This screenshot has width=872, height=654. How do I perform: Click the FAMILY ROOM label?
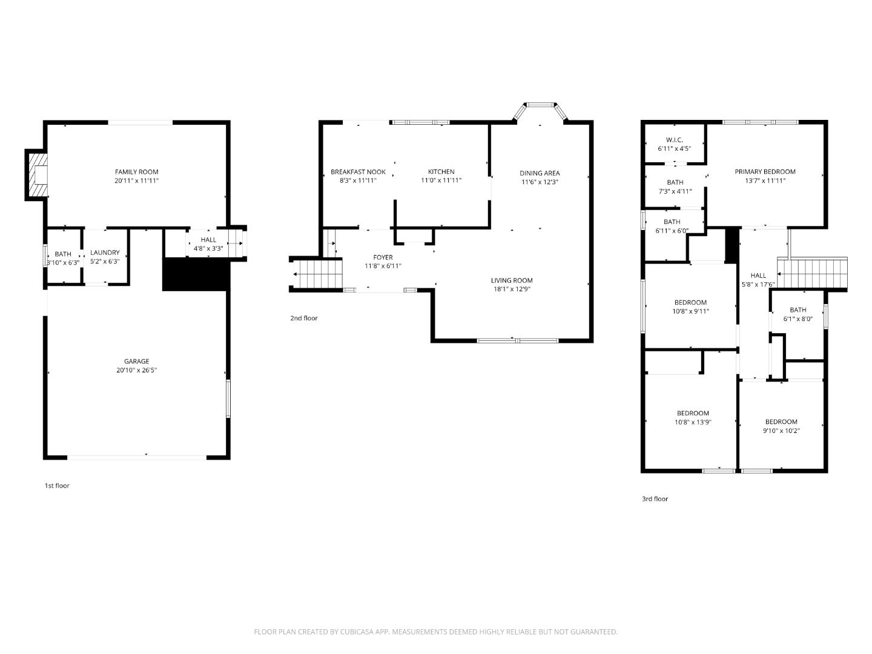136,172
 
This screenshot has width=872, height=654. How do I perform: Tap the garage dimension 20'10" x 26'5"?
136,370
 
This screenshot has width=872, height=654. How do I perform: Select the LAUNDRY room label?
105,253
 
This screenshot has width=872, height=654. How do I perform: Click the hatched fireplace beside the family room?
38,175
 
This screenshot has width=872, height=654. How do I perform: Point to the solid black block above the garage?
195,274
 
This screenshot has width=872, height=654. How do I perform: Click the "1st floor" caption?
57,486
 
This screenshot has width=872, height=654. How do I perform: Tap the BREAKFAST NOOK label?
358,172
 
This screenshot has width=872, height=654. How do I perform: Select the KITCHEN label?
441,172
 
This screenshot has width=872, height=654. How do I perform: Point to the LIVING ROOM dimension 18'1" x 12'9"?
512,289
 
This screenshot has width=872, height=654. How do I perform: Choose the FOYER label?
383,257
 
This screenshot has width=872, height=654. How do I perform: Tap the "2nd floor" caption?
303,319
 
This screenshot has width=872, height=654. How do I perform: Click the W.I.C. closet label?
674,140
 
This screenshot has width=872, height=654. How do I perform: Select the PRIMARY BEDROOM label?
765,172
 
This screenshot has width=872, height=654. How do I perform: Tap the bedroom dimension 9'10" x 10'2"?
781,431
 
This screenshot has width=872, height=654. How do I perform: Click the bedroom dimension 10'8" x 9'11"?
690,311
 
